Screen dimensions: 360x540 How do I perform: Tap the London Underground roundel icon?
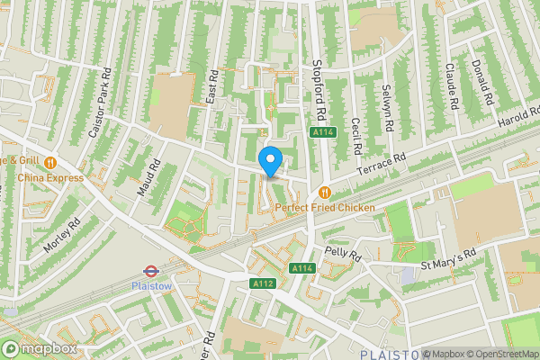(x=151, y=270)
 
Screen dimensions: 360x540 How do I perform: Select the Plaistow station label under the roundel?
(x=151, y=285)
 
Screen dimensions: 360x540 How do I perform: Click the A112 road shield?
(x=262, y=283)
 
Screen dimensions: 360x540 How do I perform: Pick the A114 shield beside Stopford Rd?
(x=324, y=132)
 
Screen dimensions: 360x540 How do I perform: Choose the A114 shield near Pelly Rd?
(x=301, y=268)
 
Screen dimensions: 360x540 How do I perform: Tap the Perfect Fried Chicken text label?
(x=325, y=208)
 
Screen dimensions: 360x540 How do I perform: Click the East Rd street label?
(x=213, y=87)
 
